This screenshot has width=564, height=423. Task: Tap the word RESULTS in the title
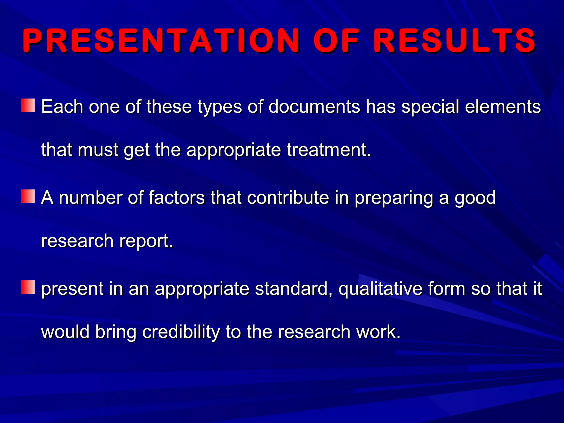coord(454,41)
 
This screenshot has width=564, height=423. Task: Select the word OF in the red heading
coord(337,41)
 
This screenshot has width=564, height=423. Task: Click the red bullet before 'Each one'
coord(28,105)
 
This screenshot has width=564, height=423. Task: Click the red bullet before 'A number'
coord(28,196)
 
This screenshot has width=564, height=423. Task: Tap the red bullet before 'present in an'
coord(28,287)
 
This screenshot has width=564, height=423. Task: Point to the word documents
coord(314,107)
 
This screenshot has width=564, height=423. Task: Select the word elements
coord(503,107)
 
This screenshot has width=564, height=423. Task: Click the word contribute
coord(288,197)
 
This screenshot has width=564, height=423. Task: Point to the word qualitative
coord(380,289)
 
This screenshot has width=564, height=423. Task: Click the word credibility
coord(181,332)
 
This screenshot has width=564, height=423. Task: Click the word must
coord(98,150)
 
